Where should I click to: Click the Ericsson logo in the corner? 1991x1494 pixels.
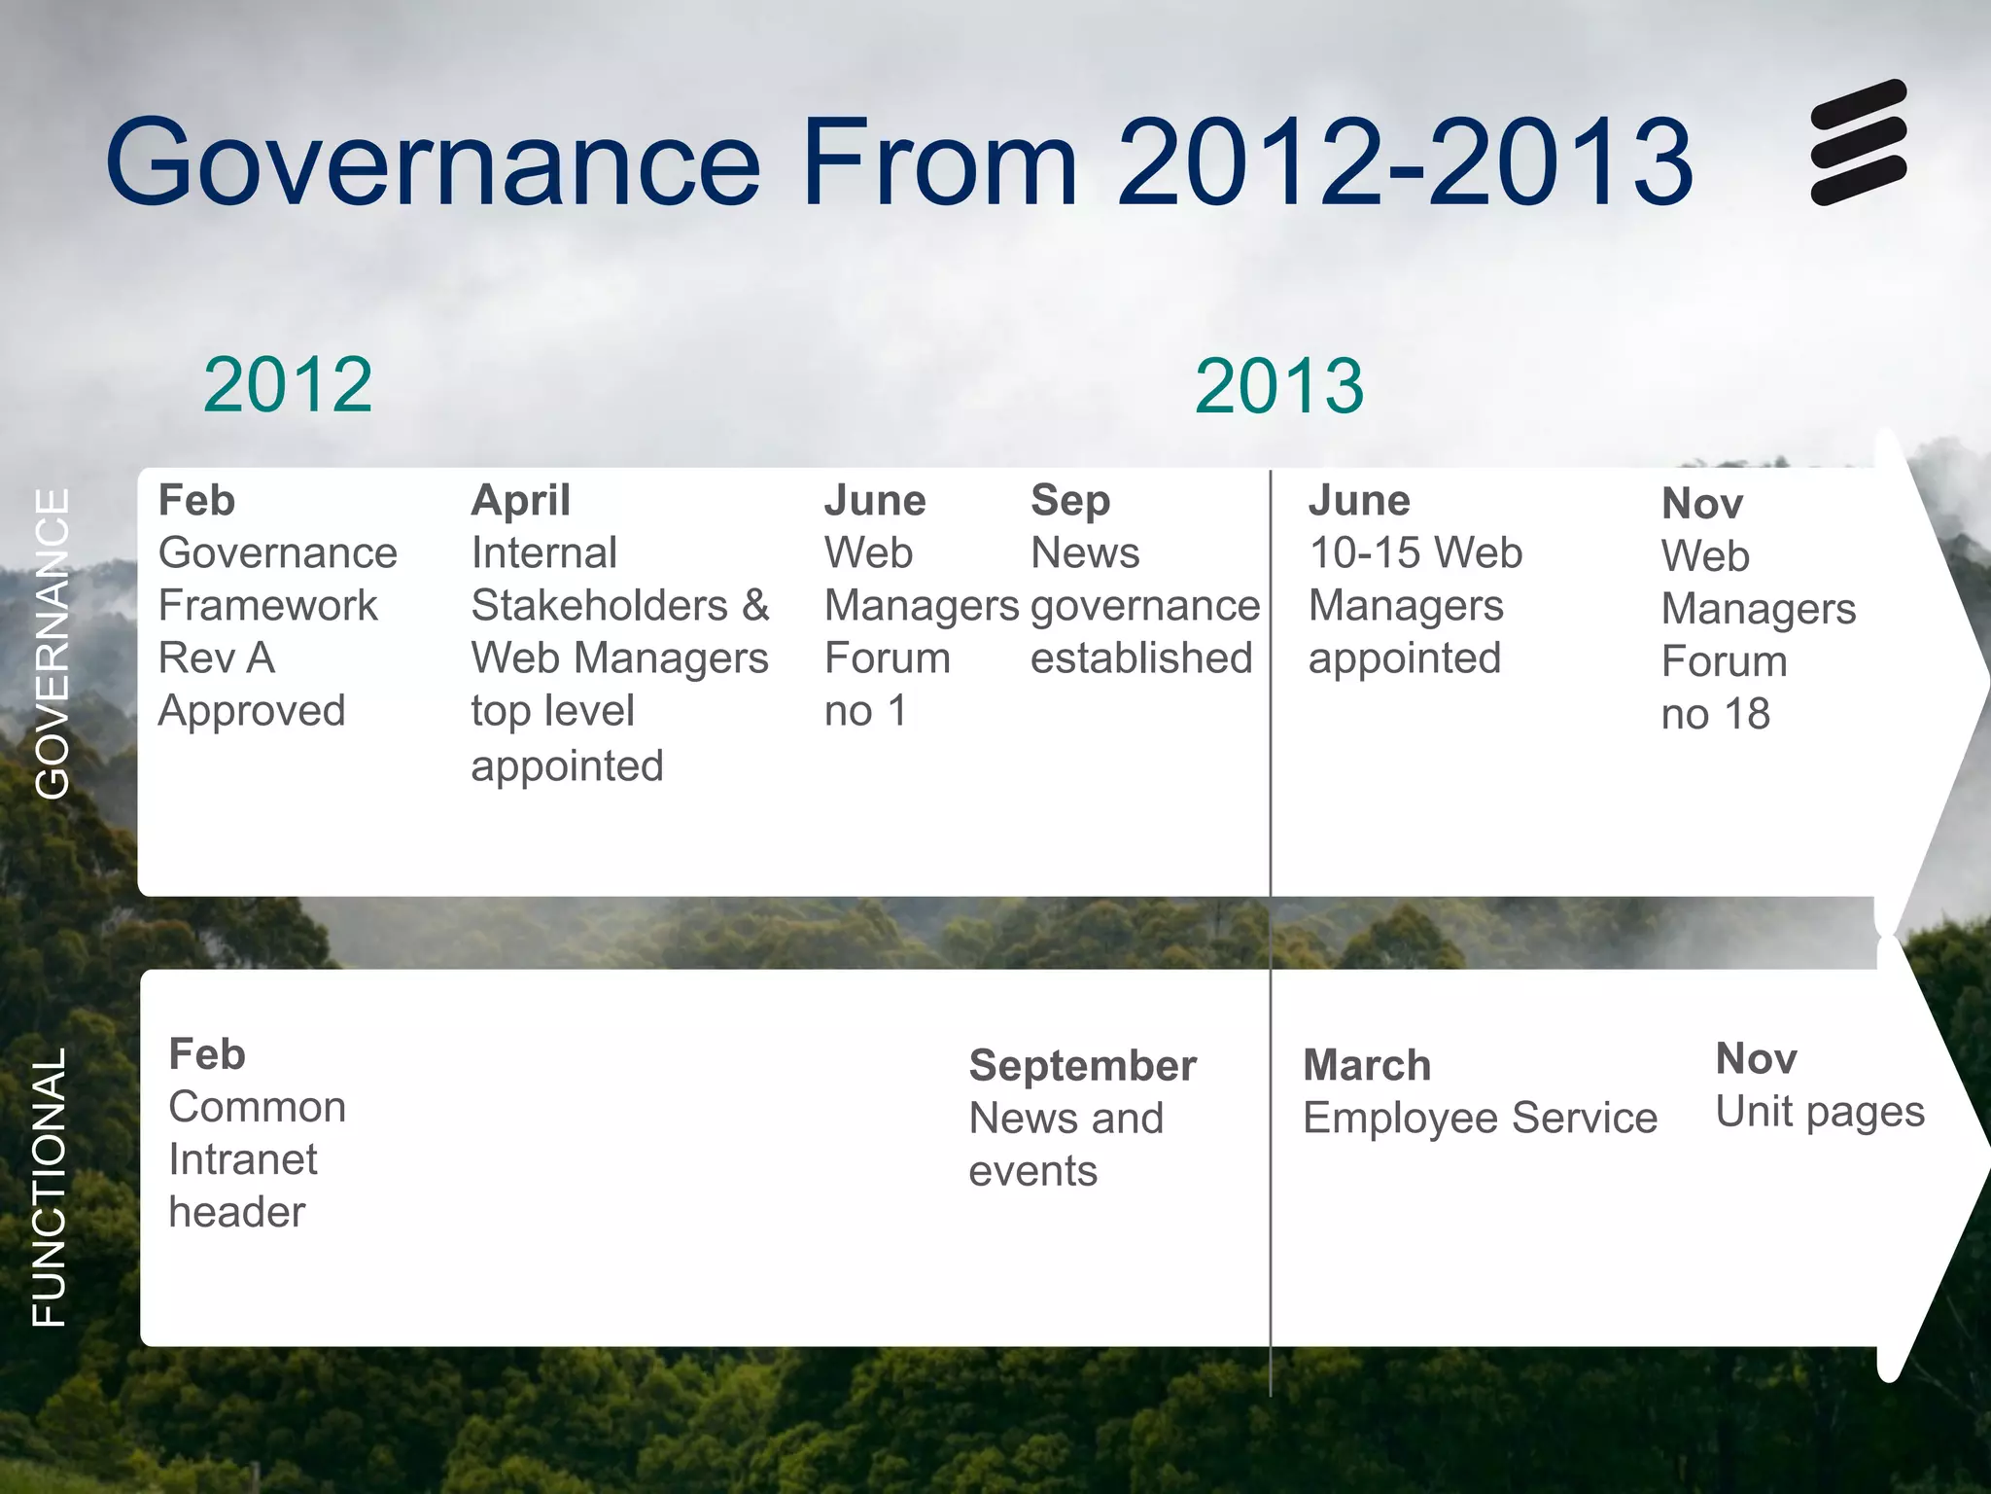pyautogui.click(x=1858, y=142)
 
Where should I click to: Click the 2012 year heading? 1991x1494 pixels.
pyautogui.click(x=288, y=385)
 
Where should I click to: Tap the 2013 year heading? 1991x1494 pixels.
pyautogui.click(x=1278, y=386)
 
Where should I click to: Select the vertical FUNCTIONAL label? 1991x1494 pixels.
pyautogui.click(x=50, y=1187)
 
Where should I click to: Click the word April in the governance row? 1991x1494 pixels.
pyautogui.click(x=520, y=501)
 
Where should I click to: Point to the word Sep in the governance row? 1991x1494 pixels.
pyautogui.click(x=1069, y=501)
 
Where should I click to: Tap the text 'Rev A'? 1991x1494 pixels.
pyautogui.click(x=217, y=658)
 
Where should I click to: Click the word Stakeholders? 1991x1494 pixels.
pyautogui.click(x=599, y=606)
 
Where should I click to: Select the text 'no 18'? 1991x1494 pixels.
pyautogui.click(x=1715, y=715)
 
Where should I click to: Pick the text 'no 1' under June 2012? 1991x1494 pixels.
pyautogui.click(x=864, y=711)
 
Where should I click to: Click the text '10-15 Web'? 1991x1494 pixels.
pyautogui.click(x=1415, y=553)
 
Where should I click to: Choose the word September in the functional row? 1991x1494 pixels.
pyautogui.click(x=1082, y=1066)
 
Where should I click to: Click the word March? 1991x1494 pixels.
pyautogui.click(x=1366, y=1066)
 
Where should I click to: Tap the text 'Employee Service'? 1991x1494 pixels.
pyautogui.click(x=1480, y=1119)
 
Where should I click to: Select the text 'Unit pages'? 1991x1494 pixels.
pyautogui.click(x=1819, y=1112)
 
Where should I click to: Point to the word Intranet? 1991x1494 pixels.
pyautogui.click(x=242, y=1160)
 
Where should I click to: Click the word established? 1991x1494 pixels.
pyautogui.click(x=1140, y=658)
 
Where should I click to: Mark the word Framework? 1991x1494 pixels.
pyautogui.click(x=267, y=606)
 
